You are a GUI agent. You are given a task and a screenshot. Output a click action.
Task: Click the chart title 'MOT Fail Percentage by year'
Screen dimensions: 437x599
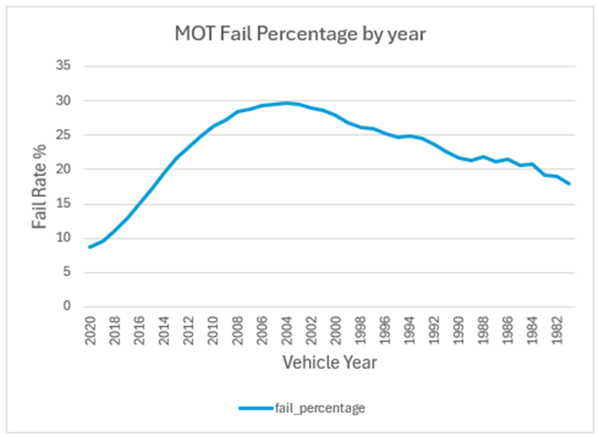[x=299, y=34]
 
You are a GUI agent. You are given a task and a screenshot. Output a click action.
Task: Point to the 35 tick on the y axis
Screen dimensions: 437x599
[x=64, y=66]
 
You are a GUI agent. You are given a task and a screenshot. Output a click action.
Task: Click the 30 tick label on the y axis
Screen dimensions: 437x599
[x=64, y=101]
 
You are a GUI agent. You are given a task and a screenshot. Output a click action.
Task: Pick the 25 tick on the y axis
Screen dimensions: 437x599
[x=64, y=135]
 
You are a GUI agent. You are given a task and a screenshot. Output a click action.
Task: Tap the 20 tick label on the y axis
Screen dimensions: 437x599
[x=64, y=170]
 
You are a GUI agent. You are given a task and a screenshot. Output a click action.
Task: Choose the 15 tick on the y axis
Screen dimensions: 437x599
[x=64, y=204]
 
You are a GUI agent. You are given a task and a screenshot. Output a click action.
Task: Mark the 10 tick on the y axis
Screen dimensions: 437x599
[x=64, y=238]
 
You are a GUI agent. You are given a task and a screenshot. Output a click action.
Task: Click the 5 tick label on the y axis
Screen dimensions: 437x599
[x=67, y=273]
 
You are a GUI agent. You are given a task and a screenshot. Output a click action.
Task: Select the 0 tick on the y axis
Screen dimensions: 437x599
[x=67, y=306]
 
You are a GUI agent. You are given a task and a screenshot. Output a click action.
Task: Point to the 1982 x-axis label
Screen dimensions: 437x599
[x=562, y=330]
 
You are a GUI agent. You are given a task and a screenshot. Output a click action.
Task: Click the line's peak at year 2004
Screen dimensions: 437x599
[x=289, y=102]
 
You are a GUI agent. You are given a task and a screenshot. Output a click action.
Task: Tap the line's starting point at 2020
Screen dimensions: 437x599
[x=91, y=247]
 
